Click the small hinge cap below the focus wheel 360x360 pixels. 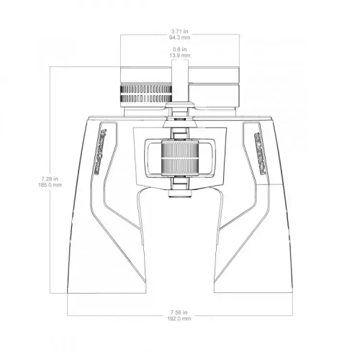(x=179, y=191)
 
